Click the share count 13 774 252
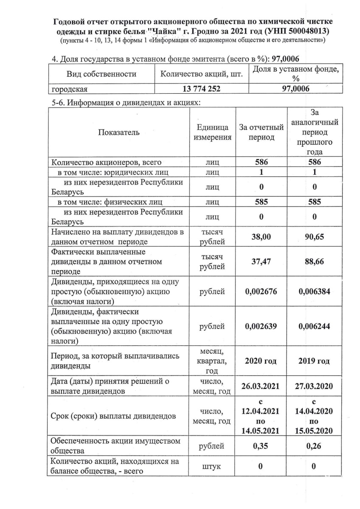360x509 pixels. (x=202, y=89)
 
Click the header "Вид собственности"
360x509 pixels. (x=101, y=74)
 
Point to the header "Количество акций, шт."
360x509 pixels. (x=202, y=74)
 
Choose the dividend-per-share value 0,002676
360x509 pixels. (x=261, y=292)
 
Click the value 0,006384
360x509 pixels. (x=314, y=292)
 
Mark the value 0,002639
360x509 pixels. (x=261, y=327)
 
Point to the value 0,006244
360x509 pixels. (x=314, y=327)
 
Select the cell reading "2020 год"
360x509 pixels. (x=261, y=361)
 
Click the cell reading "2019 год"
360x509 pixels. (x=314, y=361)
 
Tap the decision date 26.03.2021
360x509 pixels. (x=261, y=386)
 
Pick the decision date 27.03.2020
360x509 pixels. (x=314, y=386)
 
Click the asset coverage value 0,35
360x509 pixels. (x=261, y=446)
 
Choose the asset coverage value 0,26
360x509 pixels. (x=314, y=446)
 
